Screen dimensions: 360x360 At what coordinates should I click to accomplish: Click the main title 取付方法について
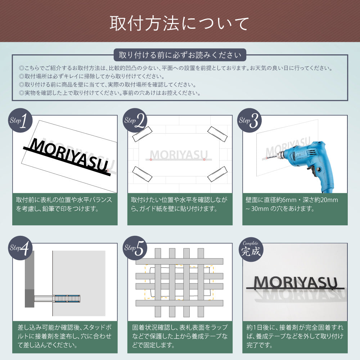179,24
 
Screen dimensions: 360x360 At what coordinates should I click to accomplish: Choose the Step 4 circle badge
21,248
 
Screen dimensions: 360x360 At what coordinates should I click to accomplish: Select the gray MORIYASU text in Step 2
179,154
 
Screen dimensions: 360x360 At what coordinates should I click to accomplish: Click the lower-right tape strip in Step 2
218,175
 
